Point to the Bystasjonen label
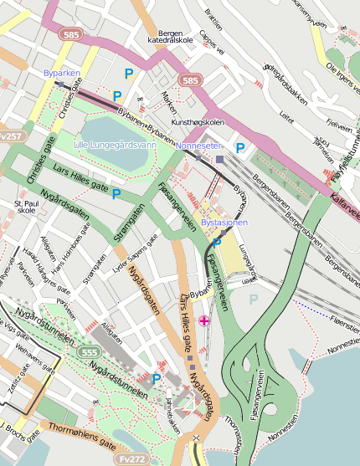click(x=225, y=224)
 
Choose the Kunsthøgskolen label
click(x=198, y=122)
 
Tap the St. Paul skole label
click(x=26, y=207)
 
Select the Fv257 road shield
click(x=10, y=136)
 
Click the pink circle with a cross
click(x=205, y=320)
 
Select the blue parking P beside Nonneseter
click(x=240, y=148)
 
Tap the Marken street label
click(x=169, y=104)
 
